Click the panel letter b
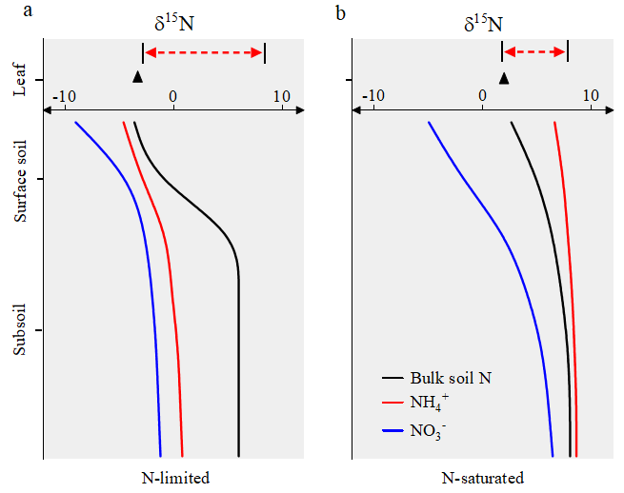pos(341,12)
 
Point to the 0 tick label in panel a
pos(172,96)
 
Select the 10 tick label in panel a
pos(281,96)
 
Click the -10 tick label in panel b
pos(374,96)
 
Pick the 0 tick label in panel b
pos(482,96)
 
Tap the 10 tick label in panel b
pos(591,96)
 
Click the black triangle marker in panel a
pos(138,77)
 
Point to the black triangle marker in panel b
pos(504,77)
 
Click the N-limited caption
pos(174,478)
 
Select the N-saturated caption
pos(483,478)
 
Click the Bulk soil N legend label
pos(451,378)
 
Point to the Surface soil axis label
pos(21,182)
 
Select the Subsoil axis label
pos(21,332)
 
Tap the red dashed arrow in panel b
pos(534,51)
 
